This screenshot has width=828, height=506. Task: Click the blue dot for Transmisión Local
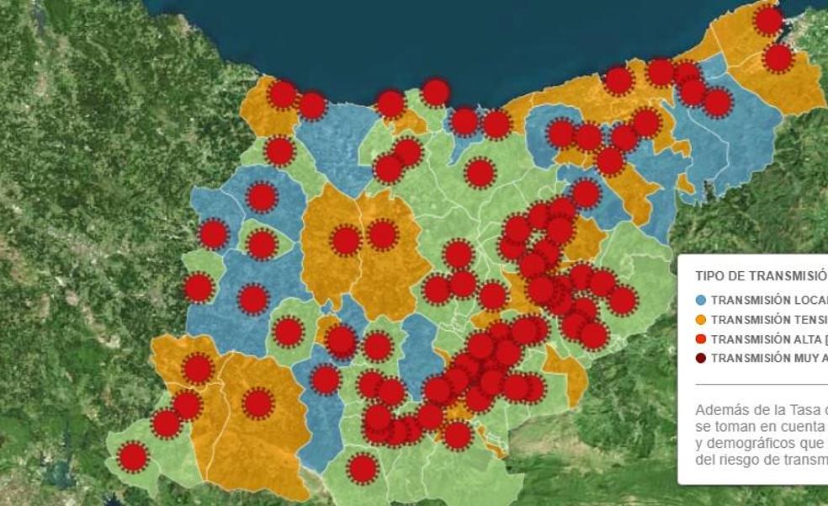[701, 300]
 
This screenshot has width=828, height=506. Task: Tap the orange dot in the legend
[701, 319]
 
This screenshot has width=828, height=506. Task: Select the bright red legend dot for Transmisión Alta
[701, 338]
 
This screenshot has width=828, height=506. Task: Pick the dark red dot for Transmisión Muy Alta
[701, 358]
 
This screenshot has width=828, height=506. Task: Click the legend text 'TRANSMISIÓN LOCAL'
[768, 300]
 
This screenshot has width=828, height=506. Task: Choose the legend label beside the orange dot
[768, 320]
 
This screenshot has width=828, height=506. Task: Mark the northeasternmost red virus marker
[768, 20]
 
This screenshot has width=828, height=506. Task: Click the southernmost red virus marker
[362, 468]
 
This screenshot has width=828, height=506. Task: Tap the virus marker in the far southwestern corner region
[133, 457]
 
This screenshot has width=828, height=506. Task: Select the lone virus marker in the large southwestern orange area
[258, 403]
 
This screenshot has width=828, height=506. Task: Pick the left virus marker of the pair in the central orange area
[346, 241]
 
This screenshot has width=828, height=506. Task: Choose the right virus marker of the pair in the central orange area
[383, 235]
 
